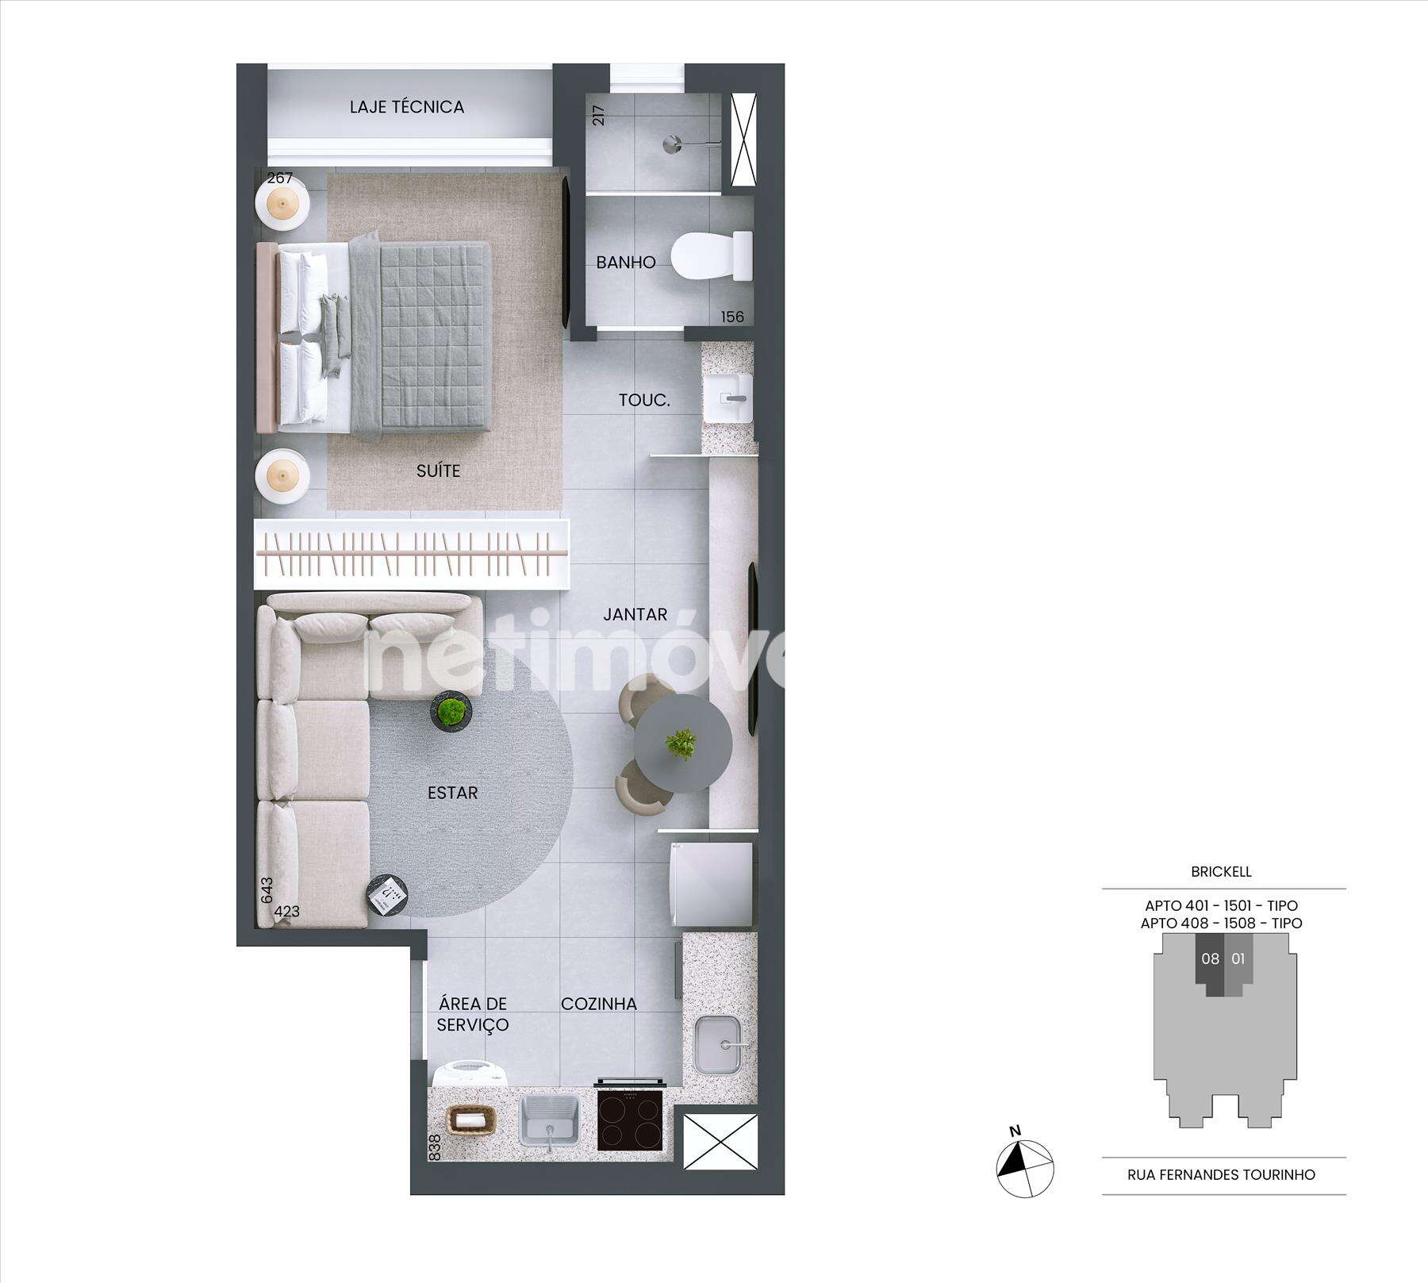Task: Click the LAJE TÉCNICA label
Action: tap(406, 106)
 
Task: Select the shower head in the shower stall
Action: tap(673, 144)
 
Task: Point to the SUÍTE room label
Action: tap(438, 471)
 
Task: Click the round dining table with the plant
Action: tap(683, 744)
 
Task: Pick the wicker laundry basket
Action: tap(472, 1120)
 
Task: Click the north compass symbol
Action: tap(1024, 1166)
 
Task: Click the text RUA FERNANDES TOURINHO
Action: tap(1221, 1174)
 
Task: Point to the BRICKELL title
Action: tap(1221, 871)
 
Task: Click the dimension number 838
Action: tap(434, 1147)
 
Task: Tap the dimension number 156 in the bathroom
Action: tap(732, 317)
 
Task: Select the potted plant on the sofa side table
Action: tap(451, 712)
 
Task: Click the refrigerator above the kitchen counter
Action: tap(711, 885)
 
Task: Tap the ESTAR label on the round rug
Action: tap(452, 792)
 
